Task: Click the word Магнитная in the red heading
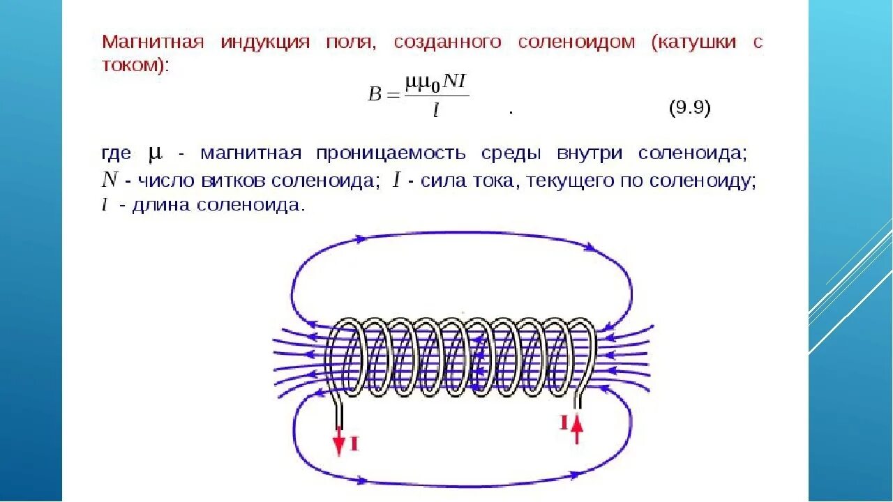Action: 153,42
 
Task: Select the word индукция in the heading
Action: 265,42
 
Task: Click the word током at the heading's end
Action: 131,66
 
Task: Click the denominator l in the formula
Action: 435,110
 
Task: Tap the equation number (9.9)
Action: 689,109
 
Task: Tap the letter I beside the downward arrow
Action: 354,443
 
